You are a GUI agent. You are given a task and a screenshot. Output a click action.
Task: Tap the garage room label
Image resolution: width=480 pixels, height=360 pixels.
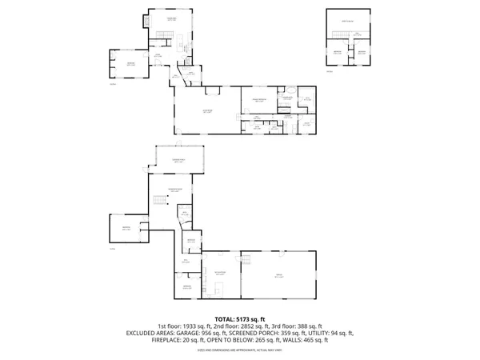pyautogui.click(x=280, y=276)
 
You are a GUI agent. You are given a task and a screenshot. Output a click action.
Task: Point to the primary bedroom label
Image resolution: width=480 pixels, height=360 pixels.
pyautogui.click(x=259, y=101)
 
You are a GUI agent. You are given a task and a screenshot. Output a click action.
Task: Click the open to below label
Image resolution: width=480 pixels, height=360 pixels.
pyautogui.click(x=348, y=20)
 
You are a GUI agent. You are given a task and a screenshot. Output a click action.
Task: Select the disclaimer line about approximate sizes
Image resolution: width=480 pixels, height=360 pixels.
pyautogui.click(x=240, y=350)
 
